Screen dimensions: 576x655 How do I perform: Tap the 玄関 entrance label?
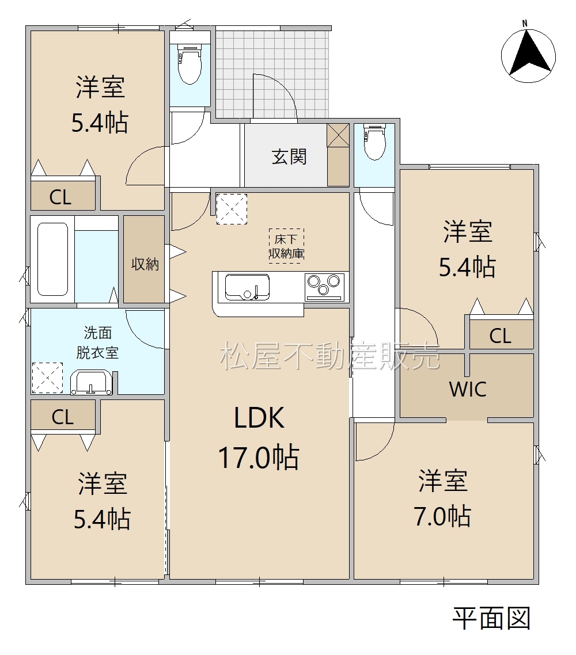point(289,157)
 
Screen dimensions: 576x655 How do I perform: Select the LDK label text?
point(259,417)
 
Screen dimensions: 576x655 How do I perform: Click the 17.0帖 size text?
point(259,458)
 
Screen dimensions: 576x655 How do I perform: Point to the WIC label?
point(468,389)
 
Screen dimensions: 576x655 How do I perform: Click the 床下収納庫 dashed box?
point(286,246)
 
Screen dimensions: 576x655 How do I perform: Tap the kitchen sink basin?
point(247,287)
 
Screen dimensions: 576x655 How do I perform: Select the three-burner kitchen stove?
point(324,287)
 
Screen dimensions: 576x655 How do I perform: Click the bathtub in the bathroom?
point(52,259)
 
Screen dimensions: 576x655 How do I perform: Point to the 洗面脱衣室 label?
point(97,342)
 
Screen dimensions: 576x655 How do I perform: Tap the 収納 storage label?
point(145,264)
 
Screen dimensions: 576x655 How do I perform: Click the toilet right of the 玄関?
point(374,142)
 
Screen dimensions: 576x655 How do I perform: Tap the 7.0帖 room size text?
point(443,516)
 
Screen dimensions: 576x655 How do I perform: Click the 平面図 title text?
point(491,619)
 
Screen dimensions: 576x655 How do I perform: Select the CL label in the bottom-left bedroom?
point(63,417)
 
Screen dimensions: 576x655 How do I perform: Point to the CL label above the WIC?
point(501,336)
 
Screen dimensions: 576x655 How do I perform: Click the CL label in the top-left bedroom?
point(60,197)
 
